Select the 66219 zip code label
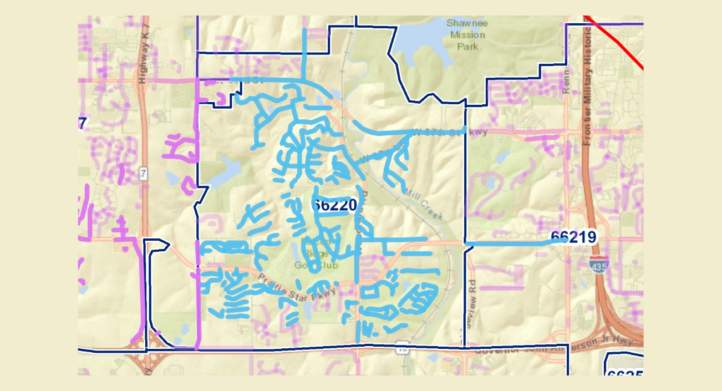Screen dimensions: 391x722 tap(573, 237)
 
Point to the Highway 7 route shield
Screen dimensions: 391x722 tap(144, 174)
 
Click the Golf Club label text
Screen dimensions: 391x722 tap(316, 263)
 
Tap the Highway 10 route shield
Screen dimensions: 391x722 tap(403, 349)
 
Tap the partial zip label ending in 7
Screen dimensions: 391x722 tap(83, 123)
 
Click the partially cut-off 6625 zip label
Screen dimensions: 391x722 tap(625, 374)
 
